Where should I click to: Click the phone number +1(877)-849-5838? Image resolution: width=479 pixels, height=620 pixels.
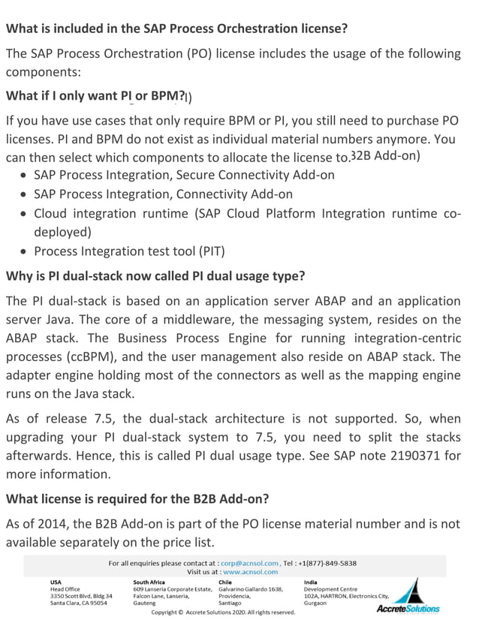coord(327,562)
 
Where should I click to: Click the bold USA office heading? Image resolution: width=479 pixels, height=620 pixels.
coord(56,581)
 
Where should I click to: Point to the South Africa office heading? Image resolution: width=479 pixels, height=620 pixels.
coord(150,581)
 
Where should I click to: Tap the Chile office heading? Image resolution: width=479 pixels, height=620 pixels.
coord(226,581)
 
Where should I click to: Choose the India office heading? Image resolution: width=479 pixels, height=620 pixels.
coord(310,581)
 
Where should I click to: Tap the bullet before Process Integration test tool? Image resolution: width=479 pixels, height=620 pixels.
coord(26,251)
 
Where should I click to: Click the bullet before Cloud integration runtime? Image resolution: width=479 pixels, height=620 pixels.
coord(26,214)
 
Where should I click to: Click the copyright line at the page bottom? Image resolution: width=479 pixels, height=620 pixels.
coord(223,612)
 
